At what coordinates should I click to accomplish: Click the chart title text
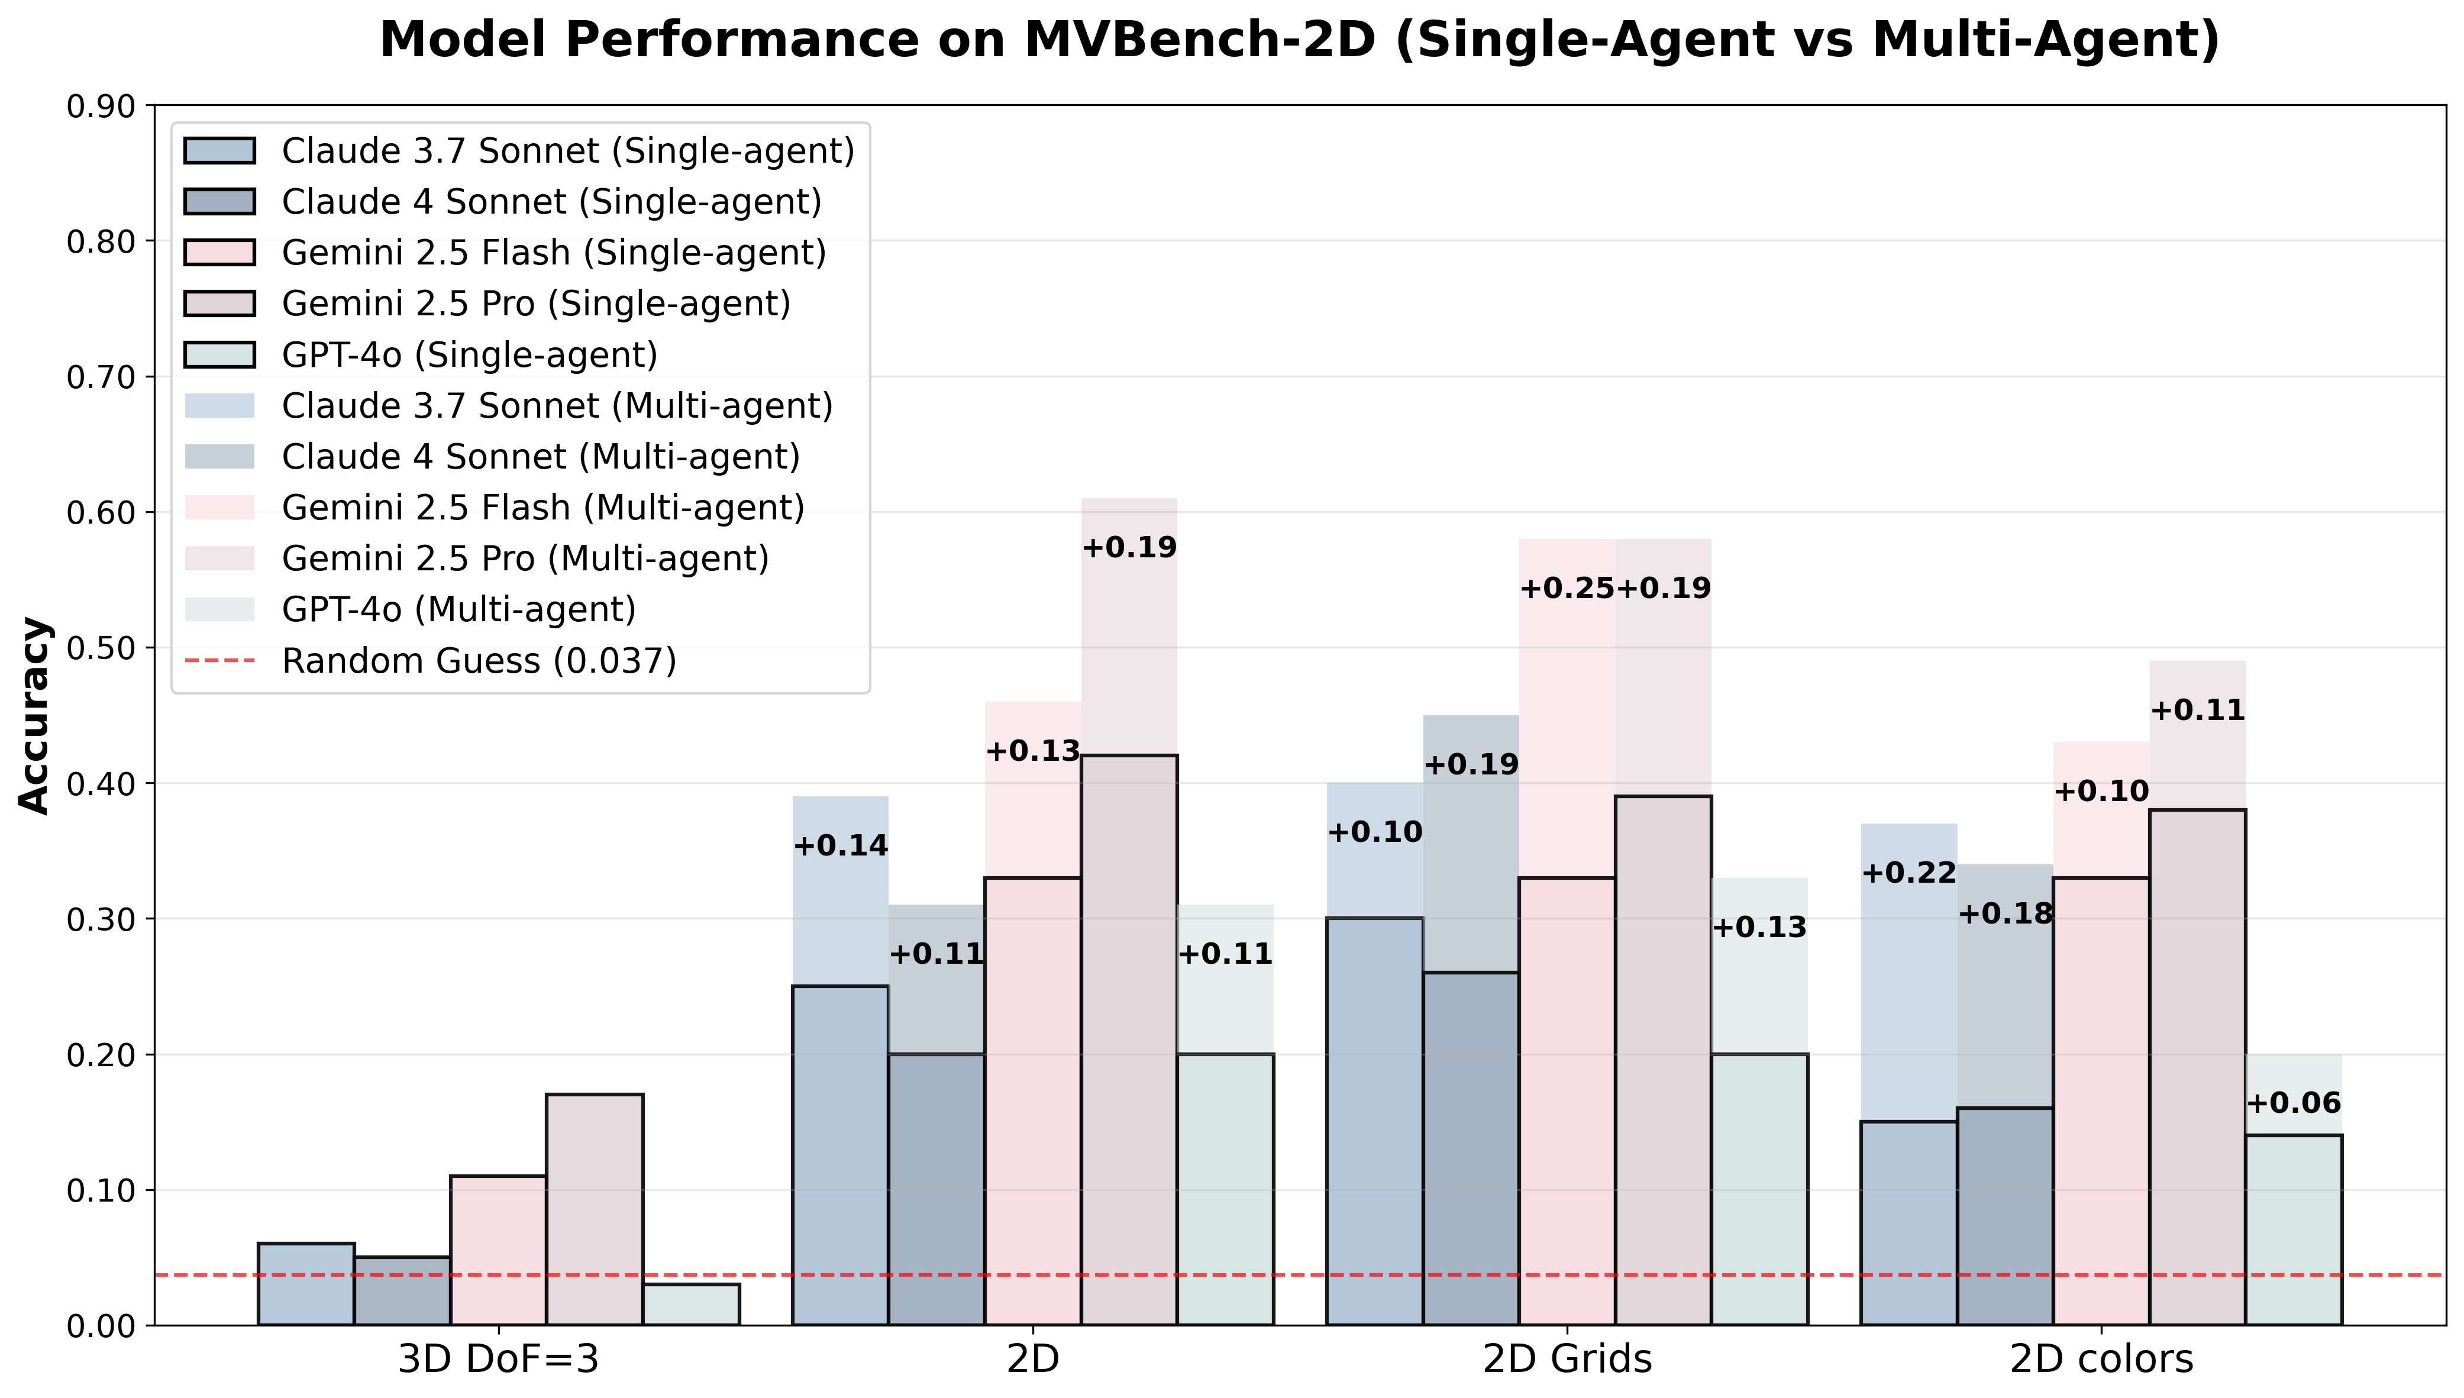[1300, 40]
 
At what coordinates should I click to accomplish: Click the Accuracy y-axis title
[34, 715]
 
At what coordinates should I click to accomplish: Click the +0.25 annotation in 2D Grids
[1567, 589]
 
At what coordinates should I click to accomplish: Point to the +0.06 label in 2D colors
[2293, 1103]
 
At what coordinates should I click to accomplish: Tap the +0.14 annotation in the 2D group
[841, 846]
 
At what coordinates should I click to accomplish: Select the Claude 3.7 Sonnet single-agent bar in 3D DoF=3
[306, 1284]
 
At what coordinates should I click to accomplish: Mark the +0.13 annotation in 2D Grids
[1759, 928]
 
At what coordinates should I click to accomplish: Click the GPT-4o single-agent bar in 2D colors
[2294, 1230]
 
